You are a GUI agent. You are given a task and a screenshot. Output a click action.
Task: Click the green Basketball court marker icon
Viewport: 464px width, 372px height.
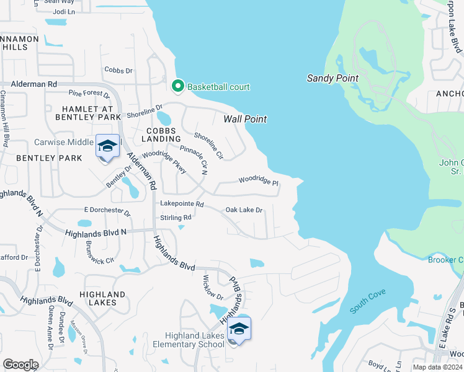[178, 86]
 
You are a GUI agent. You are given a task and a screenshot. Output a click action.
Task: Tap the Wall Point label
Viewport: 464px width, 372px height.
[245, 119]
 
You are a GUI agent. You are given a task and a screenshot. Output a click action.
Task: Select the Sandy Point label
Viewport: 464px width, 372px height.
[332, 78]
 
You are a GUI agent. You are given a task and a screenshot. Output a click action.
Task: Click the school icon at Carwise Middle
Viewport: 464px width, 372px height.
[107, 146]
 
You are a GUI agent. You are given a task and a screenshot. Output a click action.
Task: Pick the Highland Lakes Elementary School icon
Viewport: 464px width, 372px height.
[239, 329]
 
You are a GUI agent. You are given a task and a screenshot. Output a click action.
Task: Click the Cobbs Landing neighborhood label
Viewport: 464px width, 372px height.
[161, 135]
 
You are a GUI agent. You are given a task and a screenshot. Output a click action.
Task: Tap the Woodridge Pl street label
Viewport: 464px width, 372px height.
[259, 182]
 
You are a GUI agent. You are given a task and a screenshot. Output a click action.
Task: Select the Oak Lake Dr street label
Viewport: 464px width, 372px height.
[244, 210]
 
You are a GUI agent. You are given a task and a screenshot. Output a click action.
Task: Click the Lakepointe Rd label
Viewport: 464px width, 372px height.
[182, 203]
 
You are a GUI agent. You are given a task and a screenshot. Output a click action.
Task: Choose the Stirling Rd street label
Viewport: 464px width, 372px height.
[176, 218]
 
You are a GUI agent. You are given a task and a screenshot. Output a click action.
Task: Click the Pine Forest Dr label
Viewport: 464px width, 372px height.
[89, 94]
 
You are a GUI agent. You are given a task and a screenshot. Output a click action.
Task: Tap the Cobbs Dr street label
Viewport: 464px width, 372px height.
[118, 71]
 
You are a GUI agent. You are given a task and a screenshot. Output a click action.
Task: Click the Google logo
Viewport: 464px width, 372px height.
[20, 365]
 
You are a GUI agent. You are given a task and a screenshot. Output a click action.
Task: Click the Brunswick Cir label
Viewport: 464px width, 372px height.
[100, 252]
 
